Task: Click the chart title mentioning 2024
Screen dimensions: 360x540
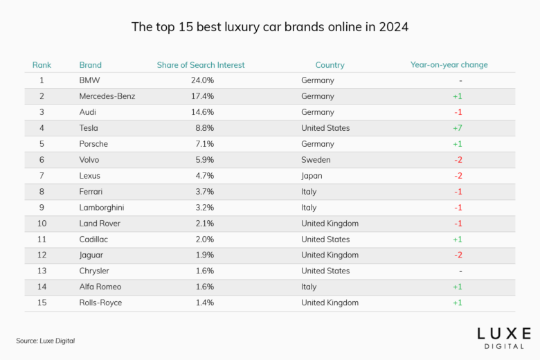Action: pyautogui.click(x=270, y=28)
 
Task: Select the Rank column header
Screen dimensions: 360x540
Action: pyautogui.click(x=42, y=65)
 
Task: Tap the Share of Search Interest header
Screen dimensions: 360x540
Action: pyautogui.click(x=200, y=65)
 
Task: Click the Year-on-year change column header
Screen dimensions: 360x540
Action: pyautogui.click(x=449, y=65)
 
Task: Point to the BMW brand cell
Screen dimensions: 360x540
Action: pyautogui.click(x=90, y=80)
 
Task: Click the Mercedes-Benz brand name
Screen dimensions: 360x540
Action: pyautogui.click(x=107, y=96)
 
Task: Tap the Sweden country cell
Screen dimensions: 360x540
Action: pyautogui.click(x=316, y=160)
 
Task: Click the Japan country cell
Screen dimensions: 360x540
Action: pyautogui.click(x=312, y=176)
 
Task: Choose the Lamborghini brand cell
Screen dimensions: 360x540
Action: pyautogui.click(x=103, y=208)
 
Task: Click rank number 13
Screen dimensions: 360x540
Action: pyautogui.click(x=42, y=271)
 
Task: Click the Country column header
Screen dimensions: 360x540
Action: pyautogui.click(x=330, y=65)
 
